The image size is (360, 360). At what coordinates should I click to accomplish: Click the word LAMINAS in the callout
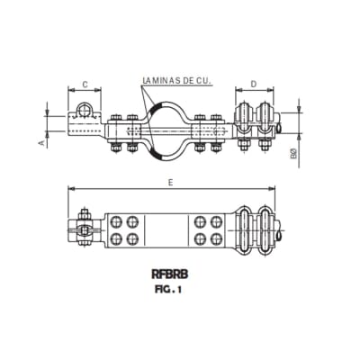pyautogui.click(x=160, y=81)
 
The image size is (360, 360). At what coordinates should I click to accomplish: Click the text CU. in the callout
pyautogui.click(x=202, y=81)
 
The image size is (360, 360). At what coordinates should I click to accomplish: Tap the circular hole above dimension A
pyautogui.click(x=83, y=111)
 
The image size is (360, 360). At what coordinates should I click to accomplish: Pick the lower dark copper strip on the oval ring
pyautogui.click(x=158, y=152)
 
